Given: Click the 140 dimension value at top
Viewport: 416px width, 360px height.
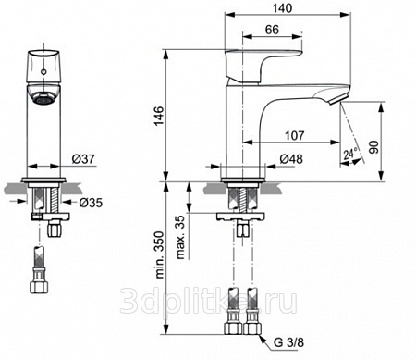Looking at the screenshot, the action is (282, 8).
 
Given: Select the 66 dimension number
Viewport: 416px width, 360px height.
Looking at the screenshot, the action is (272, 30).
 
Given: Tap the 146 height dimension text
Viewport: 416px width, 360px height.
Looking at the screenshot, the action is (159, 116).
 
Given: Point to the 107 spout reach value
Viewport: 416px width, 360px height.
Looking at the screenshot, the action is (295, 135).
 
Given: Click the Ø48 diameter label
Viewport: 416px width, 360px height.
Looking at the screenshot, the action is (291, 159).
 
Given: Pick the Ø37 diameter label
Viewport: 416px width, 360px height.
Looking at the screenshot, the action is (83, 159).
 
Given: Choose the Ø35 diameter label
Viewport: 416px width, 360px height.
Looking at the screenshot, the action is (91, 203).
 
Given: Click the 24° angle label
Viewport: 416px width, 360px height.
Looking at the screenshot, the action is (350, 154).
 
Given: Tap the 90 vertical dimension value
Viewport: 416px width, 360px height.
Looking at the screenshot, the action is (373, 147).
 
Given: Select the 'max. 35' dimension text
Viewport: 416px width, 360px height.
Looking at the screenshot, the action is (181, 237).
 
